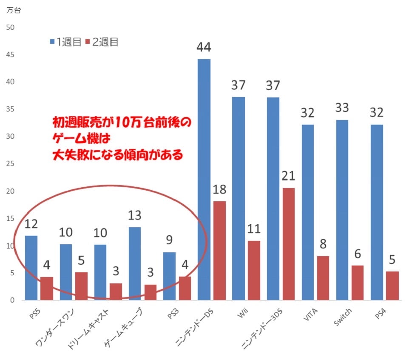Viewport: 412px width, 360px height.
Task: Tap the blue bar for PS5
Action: click(x=31, y=268)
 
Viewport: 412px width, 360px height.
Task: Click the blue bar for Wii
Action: click(x=239, y=198)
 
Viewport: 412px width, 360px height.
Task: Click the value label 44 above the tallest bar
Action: click(x=204, y=47)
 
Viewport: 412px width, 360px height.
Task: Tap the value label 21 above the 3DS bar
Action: click(x=287, y=176)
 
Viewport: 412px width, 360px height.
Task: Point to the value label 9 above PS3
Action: click(x=169, y=241)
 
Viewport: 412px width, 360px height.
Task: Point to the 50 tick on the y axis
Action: click(x=10, y=27)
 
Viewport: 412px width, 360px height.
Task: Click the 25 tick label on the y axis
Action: click(x=10, y=164)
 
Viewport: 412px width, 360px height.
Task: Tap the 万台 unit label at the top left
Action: click(x=13, y=10)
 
